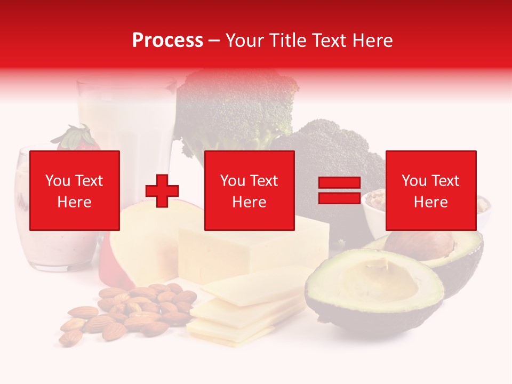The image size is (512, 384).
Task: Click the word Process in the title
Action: pos(167,41)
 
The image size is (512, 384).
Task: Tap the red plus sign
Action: pos(162,191)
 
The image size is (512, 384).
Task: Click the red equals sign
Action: pos(339,190)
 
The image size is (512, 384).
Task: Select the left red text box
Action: pos(75,190)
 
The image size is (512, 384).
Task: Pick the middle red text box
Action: pos(250,190)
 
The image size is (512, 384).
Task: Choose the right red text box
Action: pos(431,190)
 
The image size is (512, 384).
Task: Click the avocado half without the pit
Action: pos(373,288)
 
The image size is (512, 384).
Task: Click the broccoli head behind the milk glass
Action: pos(235,107)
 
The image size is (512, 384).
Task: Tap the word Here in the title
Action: pos(373,41)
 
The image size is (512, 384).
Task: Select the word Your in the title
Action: pos(244,41)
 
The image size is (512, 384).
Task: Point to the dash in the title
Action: pos(214,41)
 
